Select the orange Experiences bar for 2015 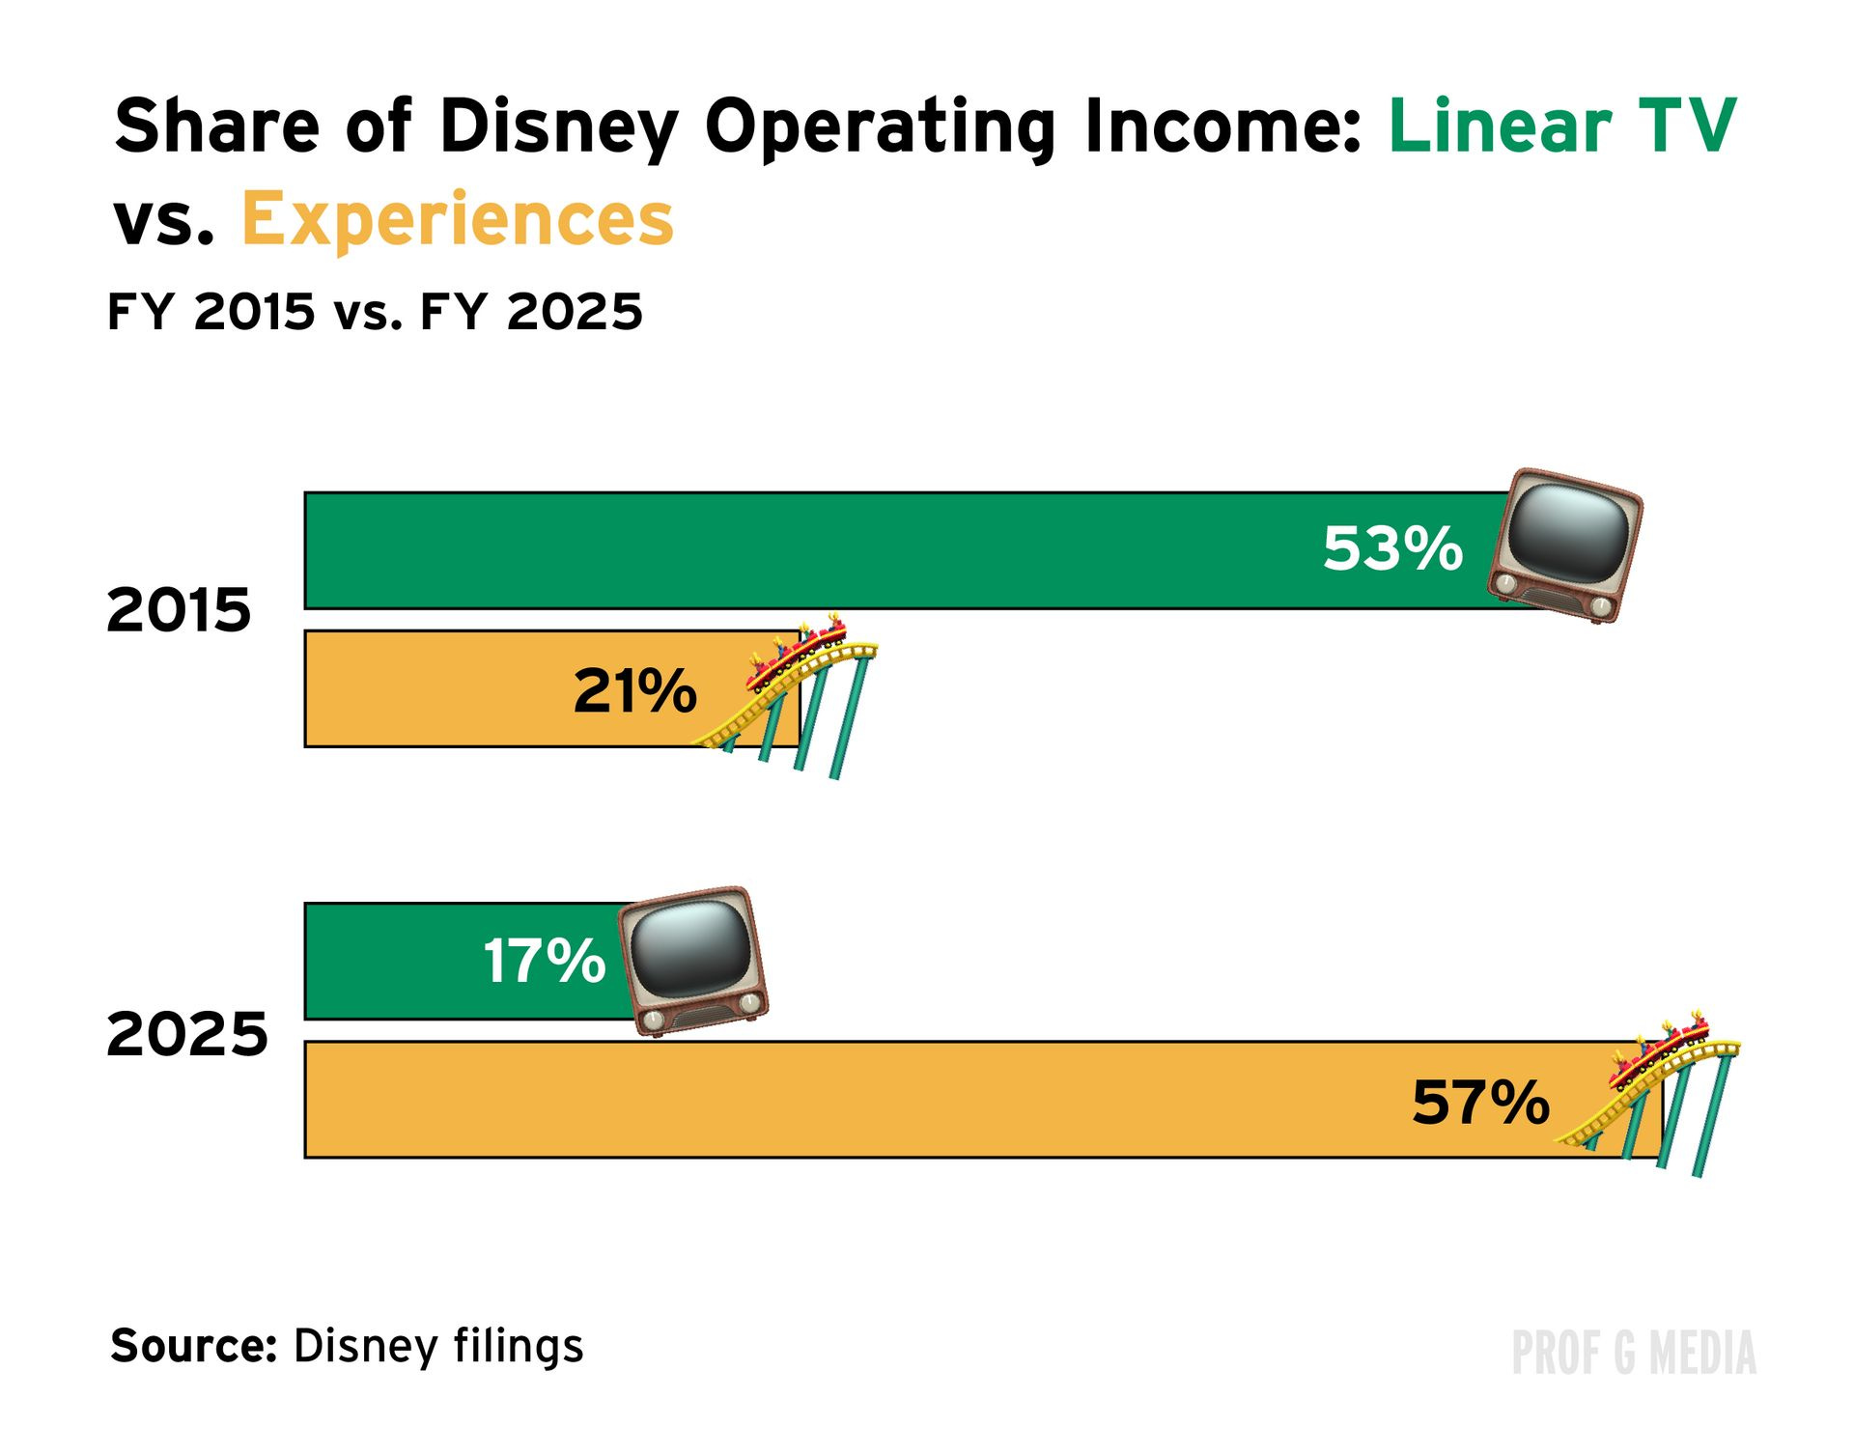435,688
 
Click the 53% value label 1392,548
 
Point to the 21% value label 634,690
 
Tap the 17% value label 544,962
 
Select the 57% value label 1480,1102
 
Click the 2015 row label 179,610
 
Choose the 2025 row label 187,1034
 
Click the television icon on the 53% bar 1564,546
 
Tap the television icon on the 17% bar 693,961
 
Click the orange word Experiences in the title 457,219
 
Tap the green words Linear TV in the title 1561,126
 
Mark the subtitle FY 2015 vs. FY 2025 375,312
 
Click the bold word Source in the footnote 193,1345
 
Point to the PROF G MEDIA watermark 1633,1353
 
